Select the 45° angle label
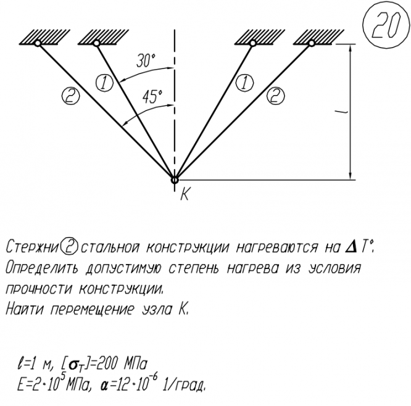pos(152,97)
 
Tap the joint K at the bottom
pos(175,180)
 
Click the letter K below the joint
pos(184,196)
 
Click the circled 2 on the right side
pos(278,95)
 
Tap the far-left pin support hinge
pos(38,43)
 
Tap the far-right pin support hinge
pos(312,43)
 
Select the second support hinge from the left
pos(96,43)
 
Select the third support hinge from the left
pos(253,43)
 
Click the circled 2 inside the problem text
pos(68,248)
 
